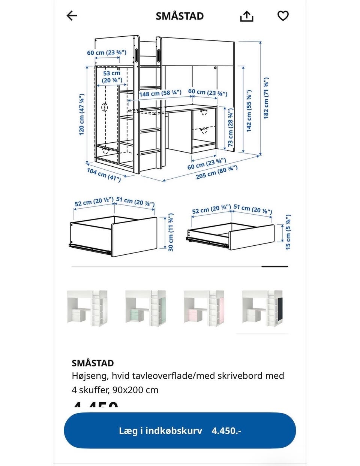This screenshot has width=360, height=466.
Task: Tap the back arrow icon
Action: [72, 16]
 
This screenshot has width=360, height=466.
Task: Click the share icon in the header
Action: [246, 16]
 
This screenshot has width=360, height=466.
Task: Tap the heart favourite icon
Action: [283, 16]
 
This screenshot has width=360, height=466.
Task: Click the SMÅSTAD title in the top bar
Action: [180, 16]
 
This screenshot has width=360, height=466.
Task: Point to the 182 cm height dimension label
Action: [266, 98]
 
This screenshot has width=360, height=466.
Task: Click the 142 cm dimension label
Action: [249, 111]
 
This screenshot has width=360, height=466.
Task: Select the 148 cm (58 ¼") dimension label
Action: [160, 93]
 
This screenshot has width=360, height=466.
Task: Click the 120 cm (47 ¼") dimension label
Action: [82, 114]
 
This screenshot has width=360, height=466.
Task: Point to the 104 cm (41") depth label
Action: [104, 175]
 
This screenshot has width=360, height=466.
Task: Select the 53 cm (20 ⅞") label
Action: [112, 77]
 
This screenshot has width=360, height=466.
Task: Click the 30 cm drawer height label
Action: [171, 232]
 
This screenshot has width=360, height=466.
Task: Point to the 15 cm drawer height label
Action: [288, 232]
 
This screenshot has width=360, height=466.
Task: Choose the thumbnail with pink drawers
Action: [204, 308]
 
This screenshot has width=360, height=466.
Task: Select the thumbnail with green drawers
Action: [145, 308]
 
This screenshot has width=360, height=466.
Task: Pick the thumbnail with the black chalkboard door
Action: [262, 308]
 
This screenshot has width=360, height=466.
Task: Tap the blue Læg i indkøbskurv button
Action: [180, 430]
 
